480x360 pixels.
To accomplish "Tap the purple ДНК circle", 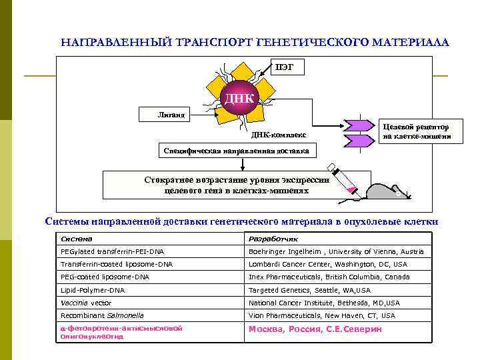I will coord(239,99).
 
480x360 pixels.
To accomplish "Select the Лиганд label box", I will coord(166,114).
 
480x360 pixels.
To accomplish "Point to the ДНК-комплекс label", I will coord(279,135).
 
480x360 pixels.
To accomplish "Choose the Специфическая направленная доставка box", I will coord(237,151).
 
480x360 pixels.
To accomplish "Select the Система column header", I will coord(77,238).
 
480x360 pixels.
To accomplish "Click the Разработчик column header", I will coord(274,238).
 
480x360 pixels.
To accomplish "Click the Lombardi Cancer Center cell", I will coord(327,264).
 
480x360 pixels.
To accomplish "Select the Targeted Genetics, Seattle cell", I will coord(309,290).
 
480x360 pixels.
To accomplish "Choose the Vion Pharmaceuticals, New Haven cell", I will coord(321,315).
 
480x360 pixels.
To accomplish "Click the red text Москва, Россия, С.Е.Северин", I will coord(315,329).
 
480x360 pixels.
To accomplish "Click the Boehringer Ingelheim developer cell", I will coord(336,251).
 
